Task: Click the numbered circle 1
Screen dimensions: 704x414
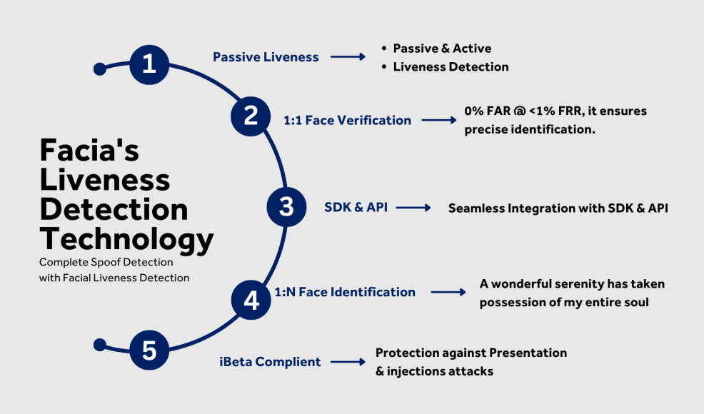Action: point(149,65)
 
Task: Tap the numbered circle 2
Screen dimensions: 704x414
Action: point(251,116)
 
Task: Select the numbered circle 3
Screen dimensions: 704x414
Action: point(286,207)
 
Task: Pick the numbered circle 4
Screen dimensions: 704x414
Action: point(251,300)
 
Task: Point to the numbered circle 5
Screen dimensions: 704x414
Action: point(149,350)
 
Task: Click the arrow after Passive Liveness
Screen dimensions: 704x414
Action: point(348,56)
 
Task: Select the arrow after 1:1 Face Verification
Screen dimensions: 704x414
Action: point(439,120)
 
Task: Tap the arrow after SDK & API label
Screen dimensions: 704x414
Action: point(413,208)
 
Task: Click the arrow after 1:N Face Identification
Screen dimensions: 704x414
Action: point(448,293)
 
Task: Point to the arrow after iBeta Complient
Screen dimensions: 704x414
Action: point(348,362)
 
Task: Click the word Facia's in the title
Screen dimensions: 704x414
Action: point(89,150)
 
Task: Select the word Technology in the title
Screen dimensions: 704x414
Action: point(126,240)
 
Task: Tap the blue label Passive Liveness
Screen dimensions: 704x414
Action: point(266,57)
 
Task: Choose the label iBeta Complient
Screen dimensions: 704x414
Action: point(270,362)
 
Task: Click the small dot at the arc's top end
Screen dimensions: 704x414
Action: point(100,69)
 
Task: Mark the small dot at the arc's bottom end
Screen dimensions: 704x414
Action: point(100,345)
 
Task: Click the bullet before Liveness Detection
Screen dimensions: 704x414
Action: point(384,67)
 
